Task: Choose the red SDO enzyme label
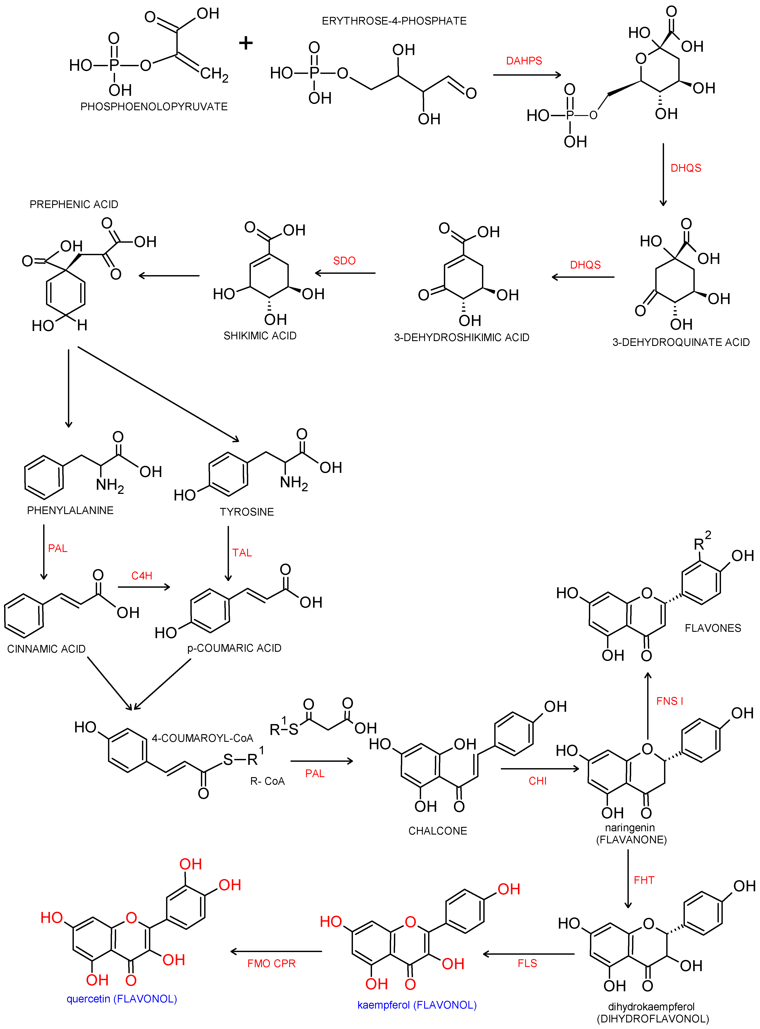click(x=344, y=261)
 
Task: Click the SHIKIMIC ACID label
click(x=260, y=336)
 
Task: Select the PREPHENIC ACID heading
click(x=74, y=204)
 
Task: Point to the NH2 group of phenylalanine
click(x=110, y=485)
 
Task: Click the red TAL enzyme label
click(x=242, y=553)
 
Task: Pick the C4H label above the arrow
click(x=142, y=576)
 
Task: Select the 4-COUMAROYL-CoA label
click(x=202, y=738)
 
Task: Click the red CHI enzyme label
click(x=537, y=781)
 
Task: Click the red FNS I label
click(x=669, y=701)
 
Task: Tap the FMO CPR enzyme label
click(x=271, y=964)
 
